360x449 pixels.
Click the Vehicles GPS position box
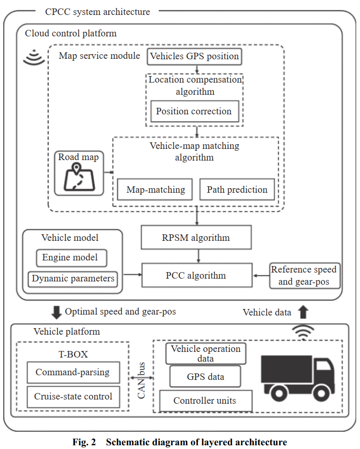click(x=194, y=57)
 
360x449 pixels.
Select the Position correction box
click(x=194, y=112)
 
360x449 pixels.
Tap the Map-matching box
click(x=156, y=190)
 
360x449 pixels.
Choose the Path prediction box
click(x=237, y=190)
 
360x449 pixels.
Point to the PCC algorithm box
click(x=196, y=275)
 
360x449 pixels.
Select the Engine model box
click(x=71, y=258)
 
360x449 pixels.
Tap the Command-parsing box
click(x=73, y=372)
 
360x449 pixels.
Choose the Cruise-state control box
click(x=73, y=397)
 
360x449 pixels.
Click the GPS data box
click(x=205, y=377)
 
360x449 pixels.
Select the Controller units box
click(x=205, y=401)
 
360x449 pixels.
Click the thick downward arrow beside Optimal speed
click(x=56, y=312)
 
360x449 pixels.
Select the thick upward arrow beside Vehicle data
click(x=304, y=312)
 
